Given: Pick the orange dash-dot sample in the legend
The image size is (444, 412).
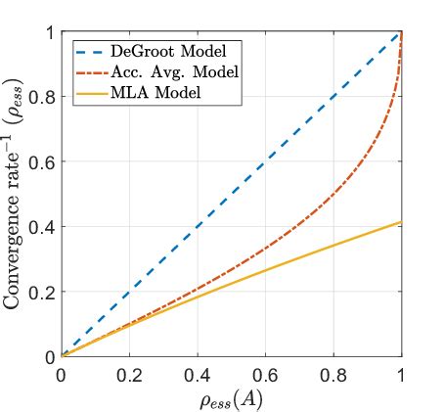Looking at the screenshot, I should point(93,71).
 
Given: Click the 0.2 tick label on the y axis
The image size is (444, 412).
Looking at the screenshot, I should point(43,292).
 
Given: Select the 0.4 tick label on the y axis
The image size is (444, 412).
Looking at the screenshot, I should point(43,227).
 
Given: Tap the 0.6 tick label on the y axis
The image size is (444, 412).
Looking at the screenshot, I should point(43,161).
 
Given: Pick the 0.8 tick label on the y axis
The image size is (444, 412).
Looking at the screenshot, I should point(43,97).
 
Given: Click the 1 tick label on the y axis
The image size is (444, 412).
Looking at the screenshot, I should point(49,32).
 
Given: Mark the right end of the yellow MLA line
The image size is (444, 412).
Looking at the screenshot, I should point(401,222).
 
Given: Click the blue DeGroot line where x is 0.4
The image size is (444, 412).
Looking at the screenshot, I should point(197,227).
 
